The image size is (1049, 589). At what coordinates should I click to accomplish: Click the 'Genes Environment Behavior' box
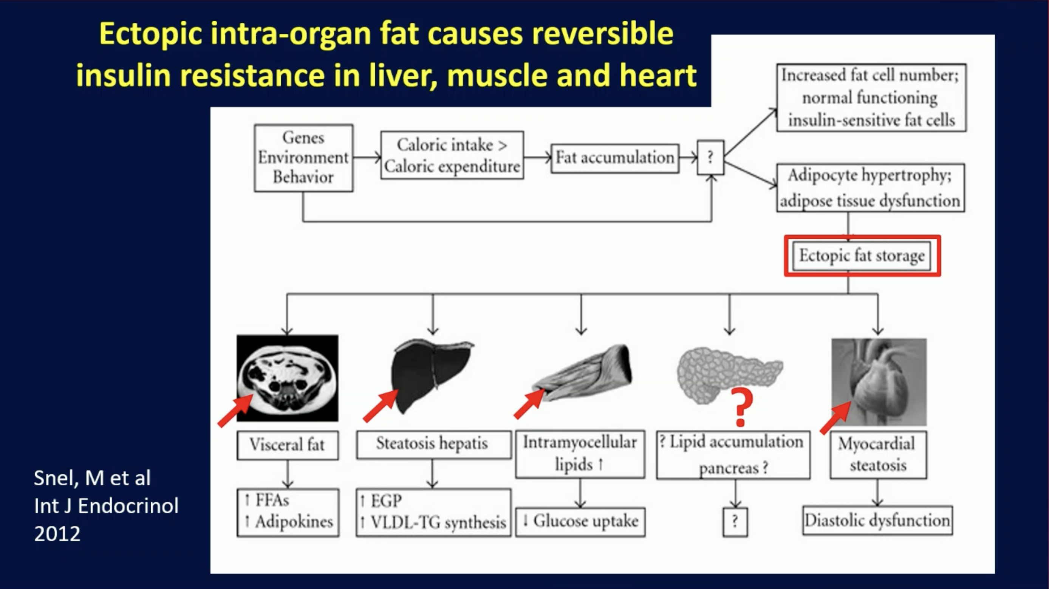tap(303, 158)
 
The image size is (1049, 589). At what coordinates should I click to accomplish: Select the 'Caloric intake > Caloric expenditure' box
tap(452, 155)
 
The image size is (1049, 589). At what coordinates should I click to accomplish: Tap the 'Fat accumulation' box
tap(615, 158)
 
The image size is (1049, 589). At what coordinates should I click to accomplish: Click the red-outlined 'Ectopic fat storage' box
tap(862, 256)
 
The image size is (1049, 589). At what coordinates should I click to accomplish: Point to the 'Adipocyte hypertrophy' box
tap(870, 188)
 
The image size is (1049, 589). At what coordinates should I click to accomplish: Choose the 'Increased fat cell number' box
tap(871, 98)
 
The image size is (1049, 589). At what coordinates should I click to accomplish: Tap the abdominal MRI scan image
tap(288, 378)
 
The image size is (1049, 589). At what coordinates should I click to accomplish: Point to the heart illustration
tap(879, 382)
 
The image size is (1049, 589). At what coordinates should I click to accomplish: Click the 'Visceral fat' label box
tap(288, 445)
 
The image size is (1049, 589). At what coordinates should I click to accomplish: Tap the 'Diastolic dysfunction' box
tap(877, 521)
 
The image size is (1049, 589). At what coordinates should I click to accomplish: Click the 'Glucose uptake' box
tap(580, 521)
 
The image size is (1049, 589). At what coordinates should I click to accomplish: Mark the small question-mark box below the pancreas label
tap(735, 522)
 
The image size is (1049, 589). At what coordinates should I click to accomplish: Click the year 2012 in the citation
tap(57, 533)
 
